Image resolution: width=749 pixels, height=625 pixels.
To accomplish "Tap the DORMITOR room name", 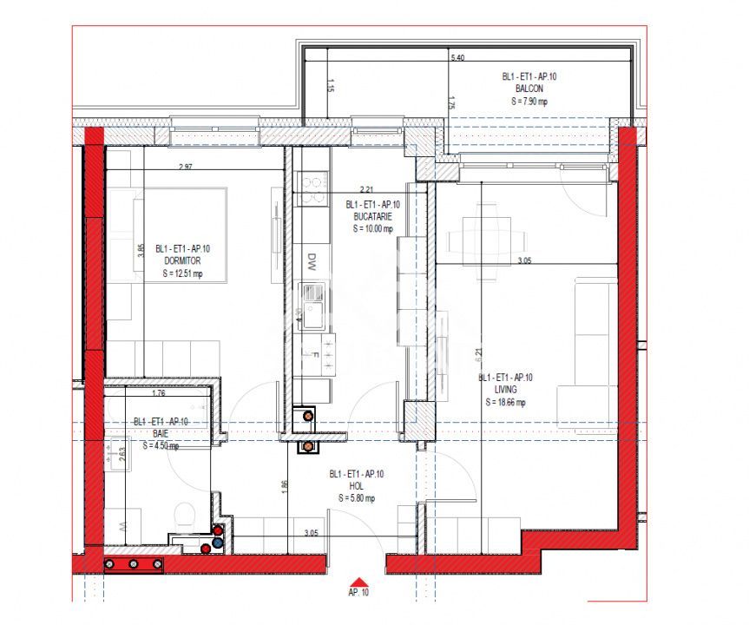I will click(x=181, y=260).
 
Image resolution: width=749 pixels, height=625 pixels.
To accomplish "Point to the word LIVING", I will click(x=505, y=390).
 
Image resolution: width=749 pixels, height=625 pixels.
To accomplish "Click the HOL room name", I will click(x=357, y=486).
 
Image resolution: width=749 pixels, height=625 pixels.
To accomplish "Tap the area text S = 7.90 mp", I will click(x=529, y=102).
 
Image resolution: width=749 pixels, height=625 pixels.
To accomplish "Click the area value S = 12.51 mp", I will click(x=182, y=273).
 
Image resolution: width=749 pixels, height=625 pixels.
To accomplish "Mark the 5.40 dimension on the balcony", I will click(x=457, y=58).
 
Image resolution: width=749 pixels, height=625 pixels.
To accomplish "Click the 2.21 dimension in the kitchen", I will click(x=366, y=188).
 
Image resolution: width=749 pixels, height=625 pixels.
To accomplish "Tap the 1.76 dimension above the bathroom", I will click(x=159, y=393).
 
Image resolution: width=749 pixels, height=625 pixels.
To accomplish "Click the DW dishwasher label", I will click(x=312, y=259).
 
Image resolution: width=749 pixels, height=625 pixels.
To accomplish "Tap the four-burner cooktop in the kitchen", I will click(x=312, y=184).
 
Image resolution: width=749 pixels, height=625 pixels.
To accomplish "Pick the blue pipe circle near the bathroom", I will click(x=218, y=543).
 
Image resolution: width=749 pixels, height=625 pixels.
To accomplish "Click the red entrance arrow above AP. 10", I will click(x=358, y=584).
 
